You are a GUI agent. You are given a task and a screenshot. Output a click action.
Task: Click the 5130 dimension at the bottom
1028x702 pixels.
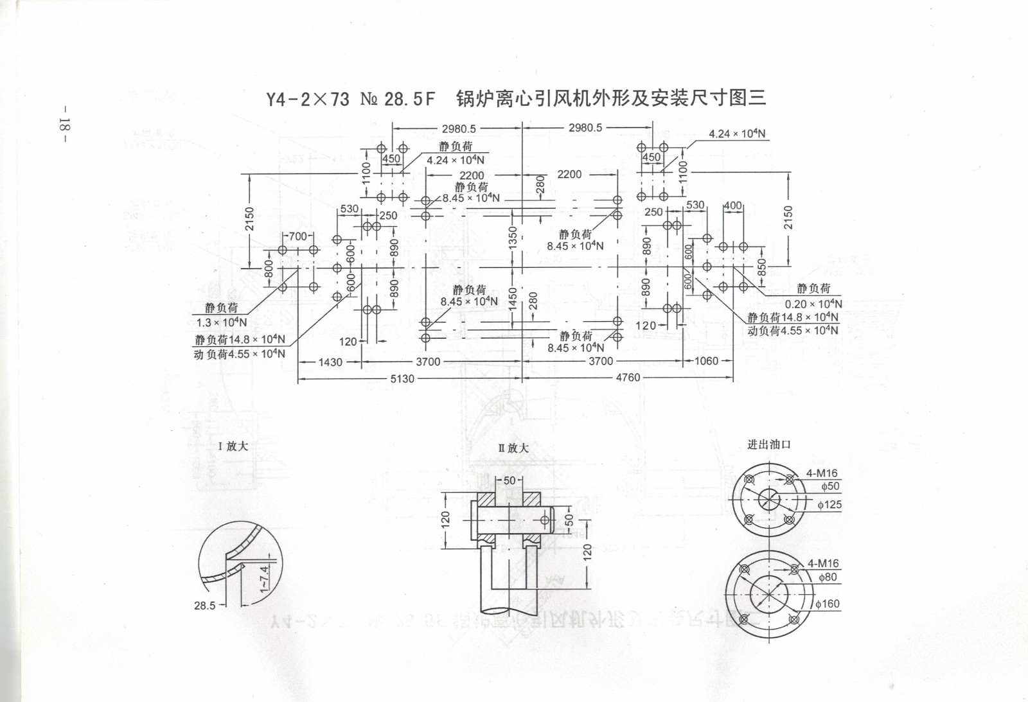[x=402, y=379]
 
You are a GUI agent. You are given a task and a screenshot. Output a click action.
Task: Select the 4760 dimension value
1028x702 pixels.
[x=628, y=378]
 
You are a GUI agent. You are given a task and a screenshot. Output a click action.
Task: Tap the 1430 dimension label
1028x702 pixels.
[x=330, y=362]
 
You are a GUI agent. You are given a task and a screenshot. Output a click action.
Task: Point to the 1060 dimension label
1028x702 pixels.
[x=706, y=361]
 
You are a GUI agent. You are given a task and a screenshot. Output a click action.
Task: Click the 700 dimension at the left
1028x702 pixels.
[x=297, y=236]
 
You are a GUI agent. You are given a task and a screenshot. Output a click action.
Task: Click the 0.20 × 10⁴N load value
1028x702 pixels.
[x=813, y=304]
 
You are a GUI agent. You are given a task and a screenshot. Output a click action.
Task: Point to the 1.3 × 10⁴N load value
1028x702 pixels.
[x=221, y=322]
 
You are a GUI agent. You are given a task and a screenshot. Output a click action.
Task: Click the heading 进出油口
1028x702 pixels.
[x=768, y=444]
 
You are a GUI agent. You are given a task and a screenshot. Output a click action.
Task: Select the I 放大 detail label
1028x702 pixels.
[x=233, y=446]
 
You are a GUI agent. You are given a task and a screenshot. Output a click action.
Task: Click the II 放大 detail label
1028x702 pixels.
[x=513, y=448]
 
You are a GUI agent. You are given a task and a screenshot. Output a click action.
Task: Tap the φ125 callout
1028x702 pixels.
[x=829, y=505]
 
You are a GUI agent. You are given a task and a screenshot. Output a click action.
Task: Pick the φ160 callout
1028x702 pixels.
[x=828, y=604]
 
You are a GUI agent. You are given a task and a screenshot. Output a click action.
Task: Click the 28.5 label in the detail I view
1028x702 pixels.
[x=205, y=605]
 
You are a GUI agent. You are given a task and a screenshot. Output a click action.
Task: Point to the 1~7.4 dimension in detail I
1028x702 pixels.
[x=263, y=579]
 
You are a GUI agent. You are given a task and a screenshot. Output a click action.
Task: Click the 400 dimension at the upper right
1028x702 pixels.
[x=732, y=206]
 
